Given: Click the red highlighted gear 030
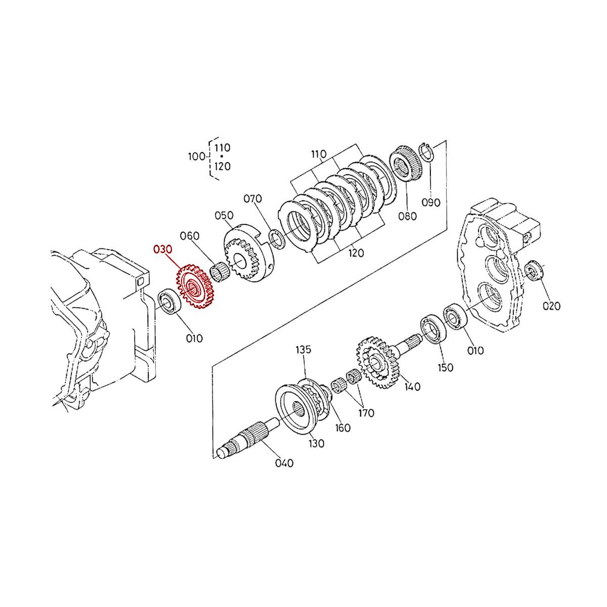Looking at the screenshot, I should tap(195, 287).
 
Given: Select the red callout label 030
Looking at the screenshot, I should tap(163, 249).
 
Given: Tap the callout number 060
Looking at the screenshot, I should tap(190, 236).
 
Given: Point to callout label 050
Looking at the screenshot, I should tap(224, 215).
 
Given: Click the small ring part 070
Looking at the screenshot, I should tap(276, 239).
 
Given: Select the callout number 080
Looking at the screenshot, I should tap(407, 216).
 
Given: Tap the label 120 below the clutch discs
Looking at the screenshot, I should tap(356, 253).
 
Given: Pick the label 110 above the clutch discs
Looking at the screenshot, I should tap(319, 154).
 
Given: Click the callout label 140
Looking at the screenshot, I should tap(412, 387).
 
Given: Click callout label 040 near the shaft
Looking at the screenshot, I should tap(284, 463).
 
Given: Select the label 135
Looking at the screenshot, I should tap(303, 350).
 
